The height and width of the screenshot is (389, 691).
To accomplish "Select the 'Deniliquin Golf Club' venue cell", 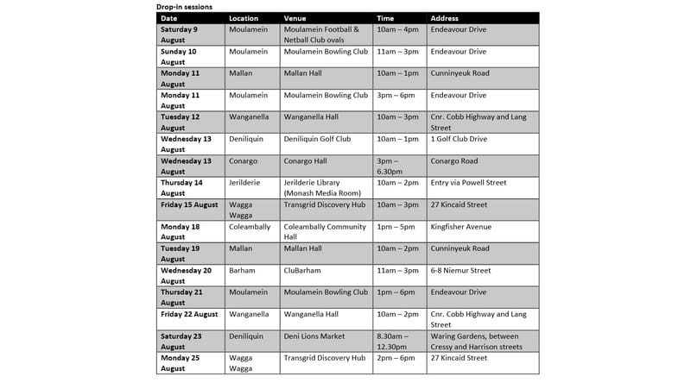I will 317,139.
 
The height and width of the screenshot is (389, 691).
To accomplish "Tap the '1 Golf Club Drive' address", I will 459,139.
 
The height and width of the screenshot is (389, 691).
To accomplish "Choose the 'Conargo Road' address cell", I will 454,160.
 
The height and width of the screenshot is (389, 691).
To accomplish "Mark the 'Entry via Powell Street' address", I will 467,183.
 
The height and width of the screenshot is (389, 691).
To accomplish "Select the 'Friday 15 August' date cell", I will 190,204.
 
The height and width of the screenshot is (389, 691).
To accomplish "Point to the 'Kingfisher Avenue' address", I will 460,227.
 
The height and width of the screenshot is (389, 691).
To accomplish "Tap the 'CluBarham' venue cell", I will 302,270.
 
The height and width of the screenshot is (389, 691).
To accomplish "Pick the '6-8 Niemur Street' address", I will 459,270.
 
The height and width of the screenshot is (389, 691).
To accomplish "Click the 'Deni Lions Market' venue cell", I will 314,336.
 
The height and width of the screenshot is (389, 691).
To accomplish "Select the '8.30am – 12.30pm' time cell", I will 396,342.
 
